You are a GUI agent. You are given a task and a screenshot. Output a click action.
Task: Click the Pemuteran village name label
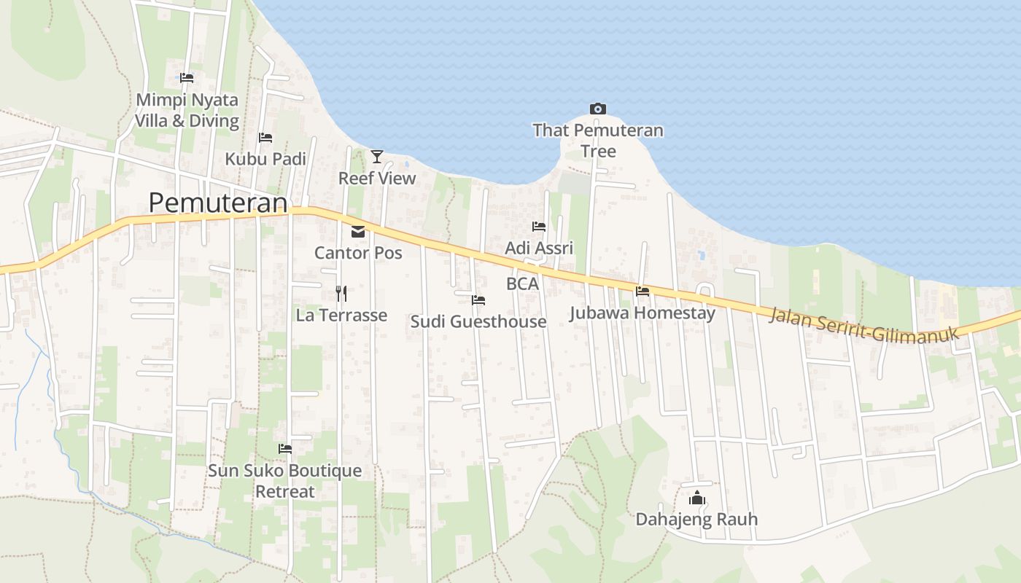point(218,203)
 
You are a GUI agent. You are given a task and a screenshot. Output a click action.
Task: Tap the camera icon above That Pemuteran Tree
point(597,109)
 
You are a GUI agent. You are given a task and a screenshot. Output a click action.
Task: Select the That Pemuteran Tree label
point(598,141)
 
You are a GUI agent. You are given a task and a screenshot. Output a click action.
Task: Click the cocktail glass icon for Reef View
point(376,156)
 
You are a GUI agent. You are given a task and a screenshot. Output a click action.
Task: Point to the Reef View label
point(377,178)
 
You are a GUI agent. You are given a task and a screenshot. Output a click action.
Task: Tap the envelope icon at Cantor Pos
point(358,232)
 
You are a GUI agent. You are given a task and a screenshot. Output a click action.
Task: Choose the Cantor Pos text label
point(358,253)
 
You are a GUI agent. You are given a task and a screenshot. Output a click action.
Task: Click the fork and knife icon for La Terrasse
point(341,294)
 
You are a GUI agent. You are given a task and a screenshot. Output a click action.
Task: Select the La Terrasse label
point(341,316)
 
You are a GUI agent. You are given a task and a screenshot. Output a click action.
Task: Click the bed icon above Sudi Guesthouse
point(478,300)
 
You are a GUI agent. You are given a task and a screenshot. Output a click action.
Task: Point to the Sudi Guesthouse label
point(478,321)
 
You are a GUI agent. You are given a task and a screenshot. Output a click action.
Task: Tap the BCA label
point(522,283)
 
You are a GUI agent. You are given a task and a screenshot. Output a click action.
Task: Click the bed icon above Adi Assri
point(539,227)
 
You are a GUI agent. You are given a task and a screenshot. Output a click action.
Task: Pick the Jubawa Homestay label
point(642,313)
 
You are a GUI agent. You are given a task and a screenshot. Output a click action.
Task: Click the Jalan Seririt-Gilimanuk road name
point(864,324)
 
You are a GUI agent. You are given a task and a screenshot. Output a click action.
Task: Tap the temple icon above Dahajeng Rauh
point(697,498)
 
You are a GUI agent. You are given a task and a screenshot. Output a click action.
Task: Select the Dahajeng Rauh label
point(696,520)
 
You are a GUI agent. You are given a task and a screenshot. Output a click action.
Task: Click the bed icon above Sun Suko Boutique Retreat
point(285,449)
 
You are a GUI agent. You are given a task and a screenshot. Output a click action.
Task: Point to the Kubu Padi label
point(265,159)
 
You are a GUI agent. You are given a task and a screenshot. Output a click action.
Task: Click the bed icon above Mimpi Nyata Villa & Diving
point(187,78)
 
